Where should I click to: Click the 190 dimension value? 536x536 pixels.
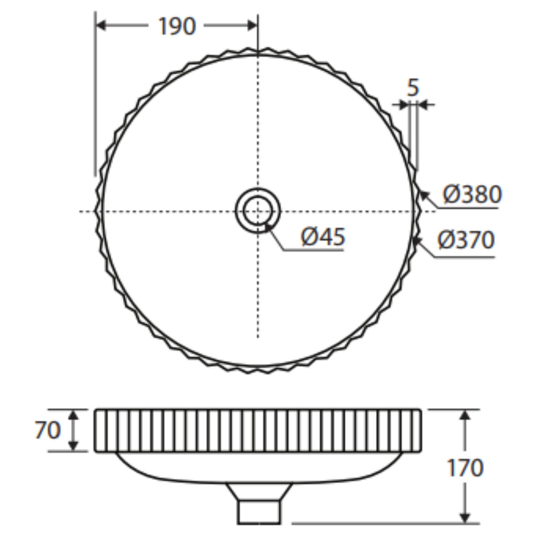click(x=177, y=26)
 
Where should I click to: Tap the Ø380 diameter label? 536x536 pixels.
click(x=472, y=194)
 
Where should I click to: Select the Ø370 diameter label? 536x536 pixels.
click(x=466, y=240)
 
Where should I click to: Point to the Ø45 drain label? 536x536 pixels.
click(x=323, y=236)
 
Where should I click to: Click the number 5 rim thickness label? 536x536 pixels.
click(x=413, y=87)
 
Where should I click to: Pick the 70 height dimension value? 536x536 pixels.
click(x=48, y=430)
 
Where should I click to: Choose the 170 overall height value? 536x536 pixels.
click(x=465, y=467)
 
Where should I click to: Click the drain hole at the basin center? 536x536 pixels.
click(x=258, y=211)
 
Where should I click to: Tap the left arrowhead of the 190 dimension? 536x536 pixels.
click(x=101, y=25)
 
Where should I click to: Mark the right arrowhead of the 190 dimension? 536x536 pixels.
click(x=252, y=25)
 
